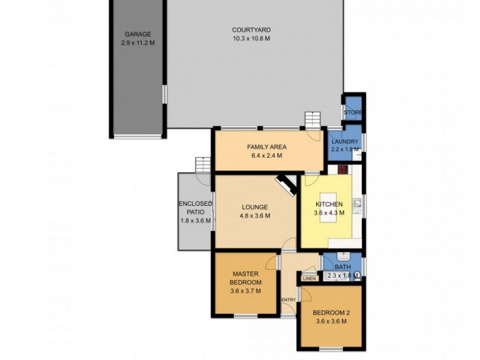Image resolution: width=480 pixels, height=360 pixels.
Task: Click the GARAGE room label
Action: [137, 34]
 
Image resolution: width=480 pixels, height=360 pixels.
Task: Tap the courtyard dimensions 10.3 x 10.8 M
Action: [251, 38]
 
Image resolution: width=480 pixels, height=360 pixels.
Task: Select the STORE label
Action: [353, 112]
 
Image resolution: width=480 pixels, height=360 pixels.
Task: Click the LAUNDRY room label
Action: [344, 142]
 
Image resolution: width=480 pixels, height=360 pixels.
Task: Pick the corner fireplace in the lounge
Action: [286, 186]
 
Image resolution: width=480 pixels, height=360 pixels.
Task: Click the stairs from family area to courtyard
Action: [312, 119]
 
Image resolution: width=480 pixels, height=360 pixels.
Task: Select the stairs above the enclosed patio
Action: [203, 164]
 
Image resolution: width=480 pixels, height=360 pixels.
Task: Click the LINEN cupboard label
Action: [309, 278]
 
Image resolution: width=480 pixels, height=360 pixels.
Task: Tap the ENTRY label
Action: [288, 300]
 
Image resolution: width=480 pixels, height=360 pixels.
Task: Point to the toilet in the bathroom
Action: [358, 276]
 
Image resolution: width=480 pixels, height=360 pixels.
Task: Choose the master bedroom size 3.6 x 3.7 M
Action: [246, 292]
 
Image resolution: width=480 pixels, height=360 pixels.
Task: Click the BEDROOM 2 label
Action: [331, 313]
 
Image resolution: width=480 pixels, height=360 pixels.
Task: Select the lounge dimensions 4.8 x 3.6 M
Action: [255, 216]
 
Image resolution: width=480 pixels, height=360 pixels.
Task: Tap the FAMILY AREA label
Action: [266, 147]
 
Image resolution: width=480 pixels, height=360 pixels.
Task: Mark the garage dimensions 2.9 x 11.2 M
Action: [137, 43]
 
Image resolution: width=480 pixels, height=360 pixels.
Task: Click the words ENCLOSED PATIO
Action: [196, 208]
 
